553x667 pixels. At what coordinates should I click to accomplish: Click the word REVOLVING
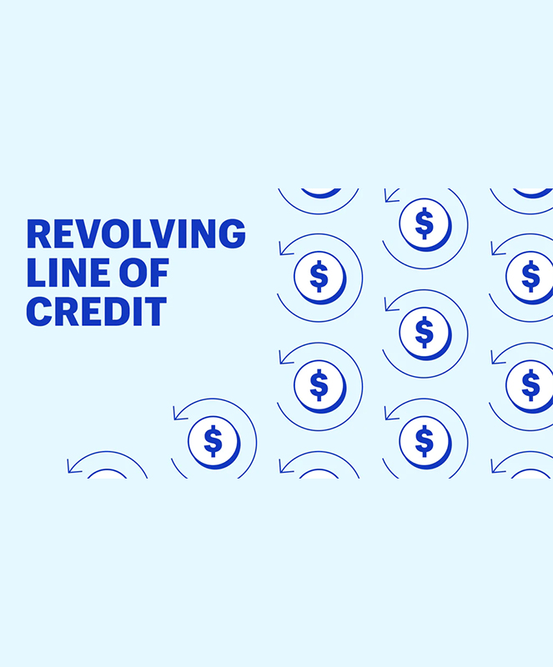pyautogui.click(x=136, y=234)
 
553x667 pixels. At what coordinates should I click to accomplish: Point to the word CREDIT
pyautogui.click(x=97, y=310)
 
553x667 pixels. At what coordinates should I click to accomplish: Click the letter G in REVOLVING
pyautogui.click(x=233, y=234)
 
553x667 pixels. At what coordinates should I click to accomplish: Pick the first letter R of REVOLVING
pyautogui.click(x=38, y=234)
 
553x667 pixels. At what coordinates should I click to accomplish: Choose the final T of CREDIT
pyautogui.click(x=154, y=310)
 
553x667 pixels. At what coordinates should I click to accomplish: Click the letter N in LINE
pyautogui.click(x=77, y=273)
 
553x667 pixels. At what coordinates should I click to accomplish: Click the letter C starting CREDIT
pyautogui.click(x=38, y=310)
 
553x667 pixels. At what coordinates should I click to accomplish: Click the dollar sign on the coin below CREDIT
pyautogui.click(x=213, y=439)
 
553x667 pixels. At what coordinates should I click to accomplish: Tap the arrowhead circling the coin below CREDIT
pyautogui.click(x=177, y=413)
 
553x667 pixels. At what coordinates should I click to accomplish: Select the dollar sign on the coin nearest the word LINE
pyautogui.click(x=319, y=275)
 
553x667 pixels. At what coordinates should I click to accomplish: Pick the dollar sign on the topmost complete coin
pyautogui.click(x=424, y=223)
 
